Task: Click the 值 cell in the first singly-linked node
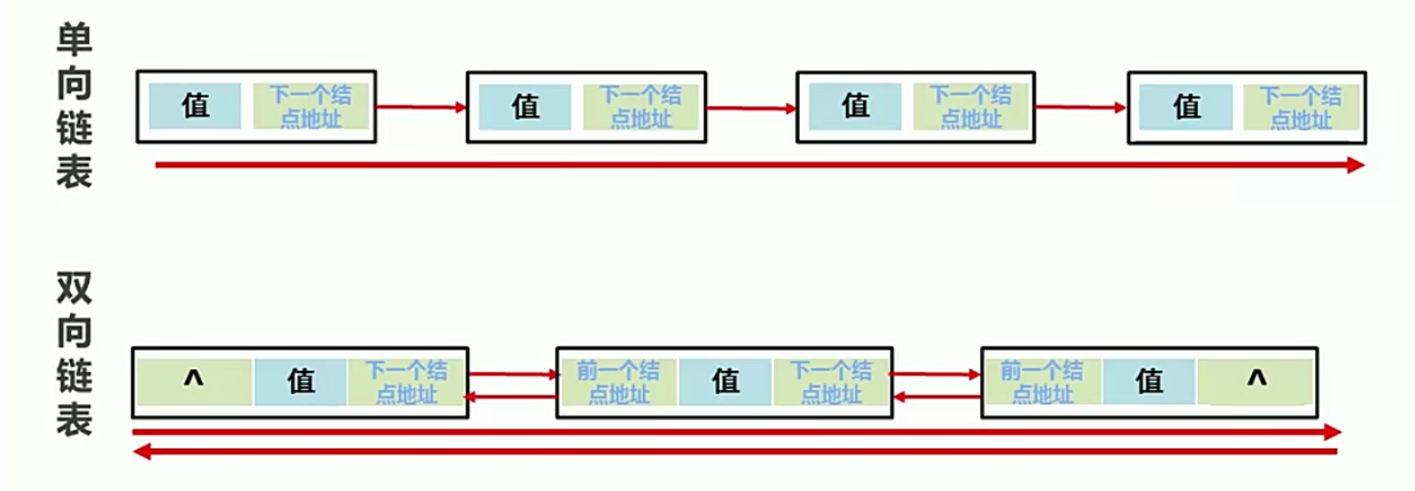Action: point(195,107)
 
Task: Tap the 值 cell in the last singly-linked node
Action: point(1186,107)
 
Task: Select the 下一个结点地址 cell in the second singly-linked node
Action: point(640,107)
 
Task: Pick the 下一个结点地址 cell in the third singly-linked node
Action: point(970,107)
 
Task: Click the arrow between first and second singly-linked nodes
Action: point(420,107)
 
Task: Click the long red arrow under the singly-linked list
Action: point(758,165)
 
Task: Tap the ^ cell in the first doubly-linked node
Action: point(194,382)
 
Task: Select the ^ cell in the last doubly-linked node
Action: point(1255,382)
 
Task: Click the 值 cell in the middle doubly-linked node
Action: point(726,382)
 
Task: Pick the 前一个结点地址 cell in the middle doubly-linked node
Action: point(619,382)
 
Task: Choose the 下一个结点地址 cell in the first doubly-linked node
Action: point(407,382)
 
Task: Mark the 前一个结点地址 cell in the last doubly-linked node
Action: point(1042,382)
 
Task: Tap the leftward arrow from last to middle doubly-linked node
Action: point(936,396)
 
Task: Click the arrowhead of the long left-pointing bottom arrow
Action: point(141,451)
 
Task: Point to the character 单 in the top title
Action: point(74,41)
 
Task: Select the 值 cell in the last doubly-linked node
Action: point(1149,382)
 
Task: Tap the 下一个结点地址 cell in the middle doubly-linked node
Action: point(832,382)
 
